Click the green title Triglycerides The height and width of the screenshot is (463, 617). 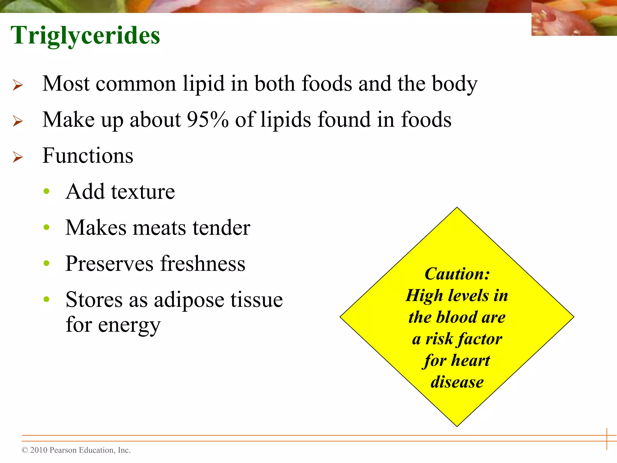85,36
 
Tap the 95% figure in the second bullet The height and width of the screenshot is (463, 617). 208,120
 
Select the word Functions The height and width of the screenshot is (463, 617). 88,156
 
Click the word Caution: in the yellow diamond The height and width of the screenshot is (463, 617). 457,274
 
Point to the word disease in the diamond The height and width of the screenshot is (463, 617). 457,382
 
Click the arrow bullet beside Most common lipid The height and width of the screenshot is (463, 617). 18,85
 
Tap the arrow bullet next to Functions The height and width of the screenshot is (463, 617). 18,157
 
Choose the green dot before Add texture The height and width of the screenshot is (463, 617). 46,191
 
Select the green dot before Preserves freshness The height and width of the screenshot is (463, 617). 46,263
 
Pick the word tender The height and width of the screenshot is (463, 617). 221,228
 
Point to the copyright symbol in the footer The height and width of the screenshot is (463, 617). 25,450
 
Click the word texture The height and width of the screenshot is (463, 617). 143,192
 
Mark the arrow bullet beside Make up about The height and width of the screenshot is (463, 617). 18,121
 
